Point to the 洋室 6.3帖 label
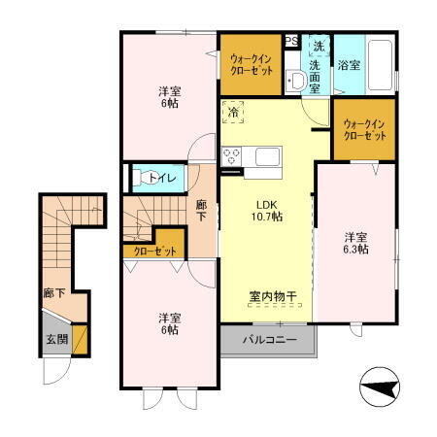tap(355, 243)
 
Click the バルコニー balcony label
tap(268, 340)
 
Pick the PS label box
tap(291, 41)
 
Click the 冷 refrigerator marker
tap(233, 113)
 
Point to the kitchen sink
tap(267, 156)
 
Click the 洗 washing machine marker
tap(318, 46)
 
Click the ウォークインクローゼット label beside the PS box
tap(252, 65)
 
